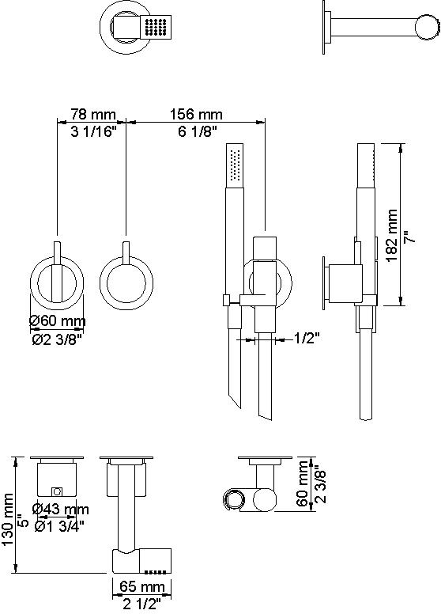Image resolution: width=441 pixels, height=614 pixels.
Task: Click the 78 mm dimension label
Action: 93,115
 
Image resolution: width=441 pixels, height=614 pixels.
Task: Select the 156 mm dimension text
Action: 196,115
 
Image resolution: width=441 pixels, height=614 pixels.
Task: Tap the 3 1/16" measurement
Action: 94,131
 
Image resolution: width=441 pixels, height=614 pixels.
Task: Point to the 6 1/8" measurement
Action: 198,131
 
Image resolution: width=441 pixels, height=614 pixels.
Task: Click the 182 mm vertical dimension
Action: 392,235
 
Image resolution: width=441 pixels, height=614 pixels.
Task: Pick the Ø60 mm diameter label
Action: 58,321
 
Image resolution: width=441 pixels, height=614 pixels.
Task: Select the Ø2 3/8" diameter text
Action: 57,339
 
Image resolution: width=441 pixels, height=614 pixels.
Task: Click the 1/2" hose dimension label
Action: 307,338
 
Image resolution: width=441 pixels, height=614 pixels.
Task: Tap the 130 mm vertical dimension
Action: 8,520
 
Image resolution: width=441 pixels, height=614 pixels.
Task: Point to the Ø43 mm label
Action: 61,509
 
